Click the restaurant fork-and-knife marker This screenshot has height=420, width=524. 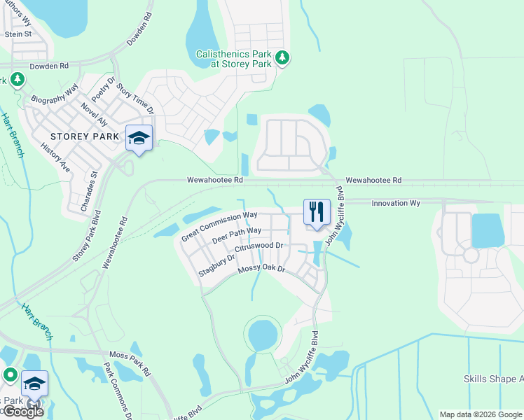[316, 211]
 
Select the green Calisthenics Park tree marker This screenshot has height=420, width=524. [282, 57]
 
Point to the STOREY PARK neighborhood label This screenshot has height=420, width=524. [80, 136]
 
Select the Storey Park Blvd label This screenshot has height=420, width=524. [87, 236]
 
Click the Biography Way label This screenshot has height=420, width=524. [54, 94]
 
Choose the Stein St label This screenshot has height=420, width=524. [18, 34]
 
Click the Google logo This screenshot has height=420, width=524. [22, 412]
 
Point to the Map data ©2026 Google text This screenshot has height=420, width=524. [479, 414]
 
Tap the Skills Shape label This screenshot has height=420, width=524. [492, 379]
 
